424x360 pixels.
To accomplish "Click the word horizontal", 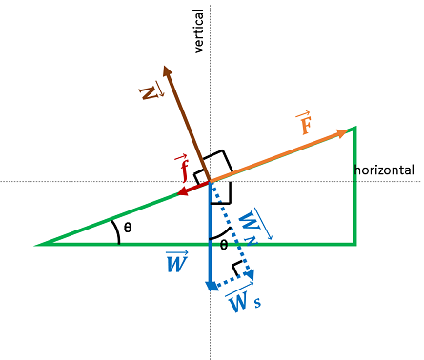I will click(384, 170).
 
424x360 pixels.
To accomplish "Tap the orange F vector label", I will click(304, 123).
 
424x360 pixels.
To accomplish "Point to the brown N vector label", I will click(148, 91).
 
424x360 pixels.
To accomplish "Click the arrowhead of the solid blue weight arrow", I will click(209, 286).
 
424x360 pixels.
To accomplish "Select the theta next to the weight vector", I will click(224, 245).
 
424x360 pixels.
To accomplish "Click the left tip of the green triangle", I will click(40, 245).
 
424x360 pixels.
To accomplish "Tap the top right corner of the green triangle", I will click(355, 128).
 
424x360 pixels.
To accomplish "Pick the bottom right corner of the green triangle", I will click(355, 244).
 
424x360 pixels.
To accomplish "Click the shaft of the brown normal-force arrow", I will click(186, 120).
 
